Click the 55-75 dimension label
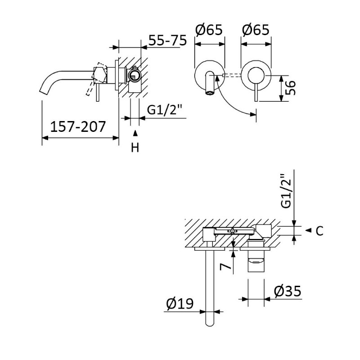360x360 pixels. click(167, 40)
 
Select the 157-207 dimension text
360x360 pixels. click(77, 126)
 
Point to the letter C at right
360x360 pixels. click(319, 231)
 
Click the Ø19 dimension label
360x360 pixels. click(180, 304)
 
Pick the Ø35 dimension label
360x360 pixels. click(287, 291)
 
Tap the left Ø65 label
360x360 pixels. click(209, 30)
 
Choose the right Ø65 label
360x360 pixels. click(255, 30)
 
